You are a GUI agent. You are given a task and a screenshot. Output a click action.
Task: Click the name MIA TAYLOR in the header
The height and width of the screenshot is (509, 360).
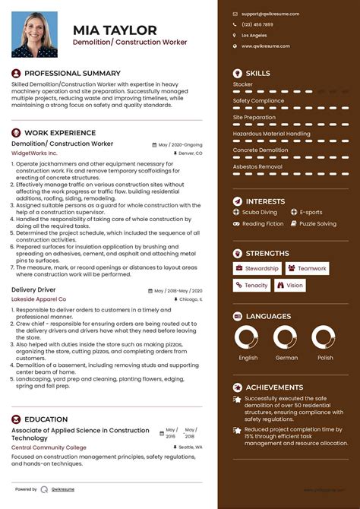[115, 30]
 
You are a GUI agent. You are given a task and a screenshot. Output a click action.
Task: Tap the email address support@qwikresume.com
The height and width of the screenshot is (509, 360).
[270, 14]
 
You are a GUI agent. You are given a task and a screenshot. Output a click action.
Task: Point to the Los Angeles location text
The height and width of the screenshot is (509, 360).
[254, 36]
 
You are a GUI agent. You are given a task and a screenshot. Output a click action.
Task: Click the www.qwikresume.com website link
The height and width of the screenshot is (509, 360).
[265, 46]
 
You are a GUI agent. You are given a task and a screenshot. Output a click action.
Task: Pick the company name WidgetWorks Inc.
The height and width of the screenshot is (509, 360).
[34, 153]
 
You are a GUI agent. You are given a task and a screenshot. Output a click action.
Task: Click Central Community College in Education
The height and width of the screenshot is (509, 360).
[49, 447]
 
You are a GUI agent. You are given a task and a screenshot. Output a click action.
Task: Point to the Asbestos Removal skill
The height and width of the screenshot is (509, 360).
[257, 166]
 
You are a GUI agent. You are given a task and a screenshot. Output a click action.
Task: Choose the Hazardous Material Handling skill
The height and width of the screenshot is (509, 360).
[271, 134]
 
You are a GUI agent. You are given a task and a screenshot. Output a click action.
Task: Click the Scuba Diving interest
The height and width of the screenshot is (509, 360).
[260, 213]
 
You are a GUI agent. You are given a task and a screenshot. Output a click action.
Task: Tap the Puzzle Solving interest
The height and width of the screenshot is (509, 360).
[317, 224]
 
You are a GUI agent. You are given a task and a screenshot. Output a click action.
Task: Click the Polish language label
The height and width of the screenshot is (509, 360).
[325, 358]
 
